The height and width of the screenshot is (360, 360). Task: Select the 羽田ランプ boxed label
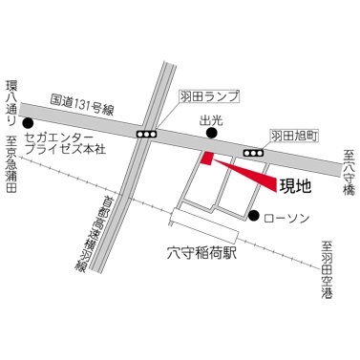(x=206, y=97)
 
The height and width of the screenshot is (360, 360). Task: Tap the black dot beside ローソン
(x=254, y=216)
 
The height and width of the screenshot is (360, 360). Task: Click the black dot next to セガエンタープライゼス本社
(x=29, y=123)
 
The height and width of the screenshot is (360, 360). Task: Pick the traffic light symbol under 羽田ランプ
(x=147, y=135)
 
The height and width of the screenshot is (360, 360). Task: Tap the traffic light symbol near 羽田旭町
(x=254, y=152)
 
